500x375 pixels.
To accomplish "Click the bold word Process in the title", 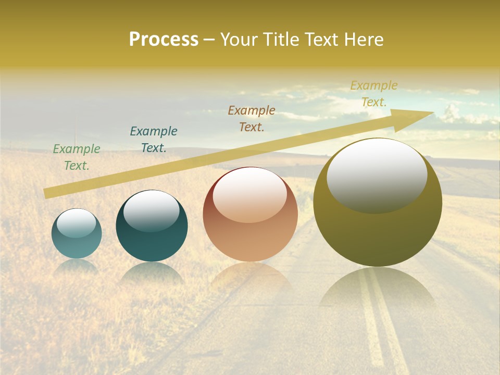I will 164,40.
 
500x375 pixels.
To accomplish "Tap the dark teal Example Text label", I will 154,140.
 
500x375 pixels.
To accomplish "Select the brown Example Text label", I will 252,119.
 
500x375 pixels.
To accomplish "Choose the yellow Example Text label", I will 374,94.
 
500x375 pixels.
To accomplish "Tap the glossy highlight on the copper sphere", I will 250,195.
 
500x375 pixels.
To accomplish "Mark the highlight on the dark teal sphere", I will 152,210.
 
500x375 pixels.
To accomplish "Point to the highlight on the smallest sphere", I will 77,223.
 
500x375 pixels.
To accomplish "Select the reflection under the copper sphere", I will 250,276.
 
